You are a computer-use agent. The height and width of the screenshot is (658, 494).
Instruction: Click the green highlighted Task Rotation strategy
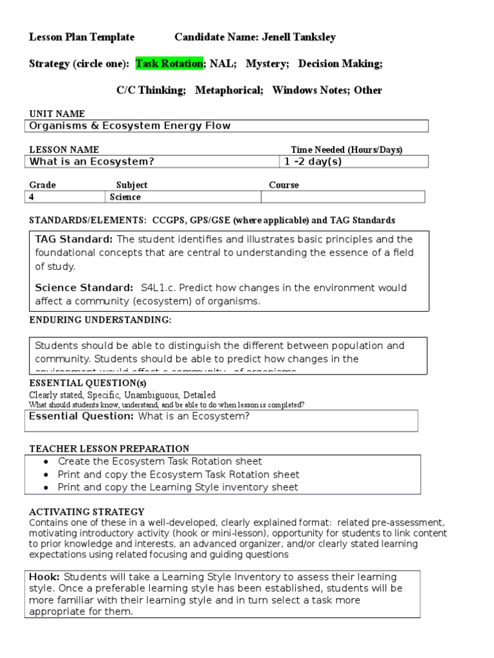pos(170,64)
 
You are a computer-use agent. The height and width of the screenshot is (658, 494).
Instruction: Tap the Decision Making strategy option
pos(340,64)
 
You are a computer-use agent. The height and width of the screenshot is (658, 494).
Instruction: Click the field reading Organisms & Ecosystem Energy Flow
pos(130,126)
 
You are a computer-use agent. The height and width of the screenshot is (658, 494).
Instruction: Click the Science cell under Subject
pos(125,197)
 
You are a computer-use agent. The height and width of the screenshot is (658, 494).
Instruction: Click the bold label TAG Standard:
pos(74,239)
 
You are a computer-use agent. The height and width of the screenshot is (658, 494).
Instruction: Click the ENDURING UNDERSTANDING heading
pos(100,320)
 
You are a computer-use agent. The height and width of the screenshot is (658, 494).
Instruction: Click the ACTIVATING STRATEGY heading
pos(87,511)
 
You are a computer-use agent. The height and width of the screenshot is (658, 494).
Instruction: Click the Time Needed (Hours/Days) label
pos(346,150)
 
